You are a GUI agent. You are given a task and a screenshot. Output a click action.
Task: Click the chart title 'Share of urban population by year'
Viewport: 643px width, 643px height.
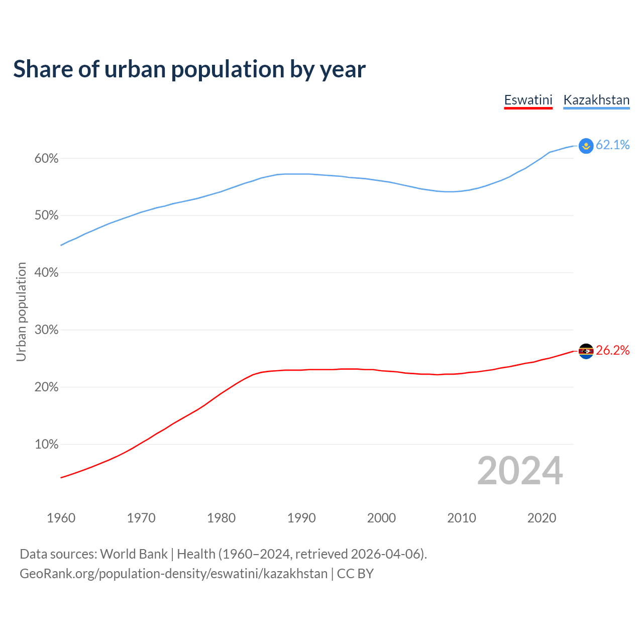[189, 69]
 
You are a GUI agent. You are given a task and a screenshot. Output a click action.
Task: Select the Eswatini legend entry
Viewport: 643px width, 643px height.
[528, 100]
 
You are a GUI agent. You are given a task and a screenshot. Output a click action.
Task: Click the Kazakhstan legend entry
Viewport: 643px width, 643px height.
[596, 100]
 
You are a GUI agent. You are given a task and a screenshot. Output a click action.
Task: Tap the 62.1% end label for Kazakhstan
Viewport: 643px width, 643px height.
[612, 145]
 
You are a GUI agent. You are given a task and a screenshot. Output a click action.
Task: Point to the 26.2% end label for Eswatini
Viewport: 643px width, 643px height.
[612, 351]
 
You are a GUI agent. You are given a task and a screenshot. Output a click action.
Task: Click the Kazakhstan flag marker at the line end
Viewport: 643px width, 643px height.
[586, 146]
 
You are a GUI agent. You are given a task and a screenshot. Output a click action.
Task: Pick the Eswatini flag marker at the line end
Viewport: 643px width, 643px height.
[586, 351]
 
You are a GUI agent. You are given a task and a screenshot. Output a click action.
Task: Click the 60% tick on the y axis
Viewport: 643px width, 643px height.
[46, 159]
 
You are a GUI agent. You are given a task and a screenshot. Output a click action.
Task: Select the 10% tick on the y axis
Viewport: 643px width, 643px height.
[46, 445]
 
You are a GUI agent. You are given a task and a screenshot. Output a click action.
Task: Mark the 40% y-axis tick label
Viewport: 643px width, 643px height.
[46, 273]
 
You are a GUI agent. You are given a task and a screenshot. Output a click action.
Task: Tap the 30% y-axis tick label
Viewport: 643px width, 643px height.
[46, 330]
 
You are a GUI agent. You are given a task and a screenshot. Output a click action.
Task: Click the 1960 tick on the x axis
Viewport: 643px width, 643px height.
[61, 518]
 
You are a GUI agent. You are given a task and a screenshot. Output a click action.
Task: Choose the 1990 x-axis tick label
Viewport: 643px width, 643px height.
[301, 518]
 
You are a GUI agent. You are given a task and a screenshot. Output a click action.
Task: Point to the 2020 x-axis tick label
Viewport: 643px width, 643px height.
[542, 518]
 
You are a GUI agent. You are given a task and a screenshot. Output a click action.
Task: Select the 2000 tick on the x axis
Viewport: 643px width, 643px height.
[381, 518]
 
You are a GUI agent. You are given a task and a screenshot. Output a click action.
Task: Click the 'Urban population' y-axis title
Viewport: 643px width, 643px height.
[21, 311]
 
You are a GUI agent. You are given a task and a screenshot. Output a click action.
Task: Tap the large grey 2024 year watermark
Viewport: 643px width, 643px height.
[519, 471]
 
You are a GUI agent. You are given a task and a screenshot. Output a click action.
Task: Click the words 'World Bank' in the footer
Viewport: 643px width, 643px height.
[134, 554]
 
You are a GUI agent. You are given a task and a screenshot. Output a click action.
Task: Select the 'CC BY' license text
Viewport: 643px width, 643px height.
[355, 574]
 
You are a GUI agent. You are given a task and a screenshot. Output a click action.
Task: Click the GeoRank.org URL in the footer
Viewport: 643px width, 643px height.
[173, 574]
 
